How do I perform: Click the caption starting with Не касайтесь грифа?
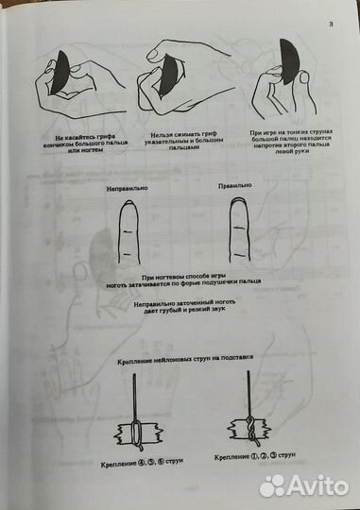click(x=75, y=143)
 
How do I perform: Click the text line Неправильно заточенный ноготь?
click(x=179, y=305)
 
